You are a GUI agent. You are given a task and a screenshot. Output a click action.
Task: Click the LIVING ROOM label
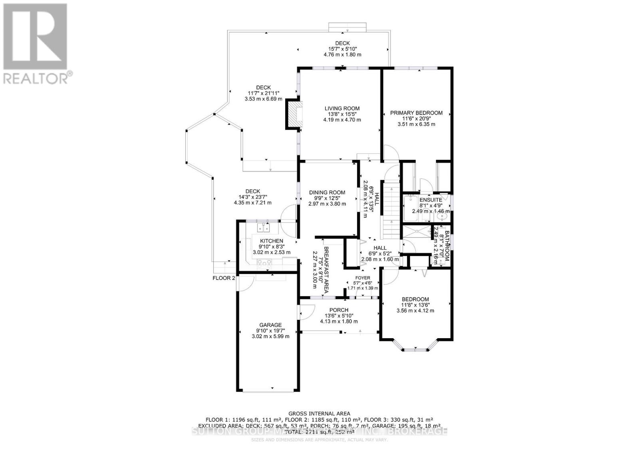coord(342,108)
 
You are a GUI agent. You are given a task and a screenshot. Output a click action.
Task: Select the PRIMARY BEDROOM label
coord(416,113)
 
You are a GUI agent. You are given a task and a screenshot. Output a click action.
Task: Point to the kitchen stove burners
coord(264,262)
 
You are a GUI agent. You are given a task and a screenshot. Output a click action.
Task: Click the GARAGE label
coord(270,325)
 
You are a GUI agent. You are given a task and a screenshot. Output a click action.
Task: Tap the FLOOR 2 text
coord(224,278)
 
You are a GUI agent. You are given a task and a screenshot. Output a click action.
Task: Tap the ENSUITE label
coord(431,200)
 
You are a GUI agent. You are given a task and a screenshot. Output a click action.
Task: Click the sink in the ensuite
coord(441,216)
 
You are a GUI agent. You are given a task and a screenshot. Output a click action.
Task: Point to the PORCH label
coord(339,310)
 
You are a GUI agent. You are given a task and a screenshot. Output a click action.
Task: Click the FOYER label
coord(363,278)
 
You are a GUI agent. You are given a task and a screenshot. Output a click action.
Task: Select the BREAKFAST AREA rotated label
coord(326,270)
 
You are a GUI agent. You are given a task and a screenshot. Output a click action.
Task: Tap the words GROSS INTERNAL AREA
coord(319,414)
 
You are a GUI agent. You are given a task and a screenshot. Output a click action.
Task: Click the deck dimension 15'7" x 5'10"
coord(342,49)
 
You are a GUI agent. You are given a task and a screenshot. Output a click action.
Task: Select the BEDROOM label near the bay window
coord(415,299)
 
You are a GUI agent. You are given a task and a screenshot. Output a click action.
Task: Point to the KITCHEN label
coord(272,241)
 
